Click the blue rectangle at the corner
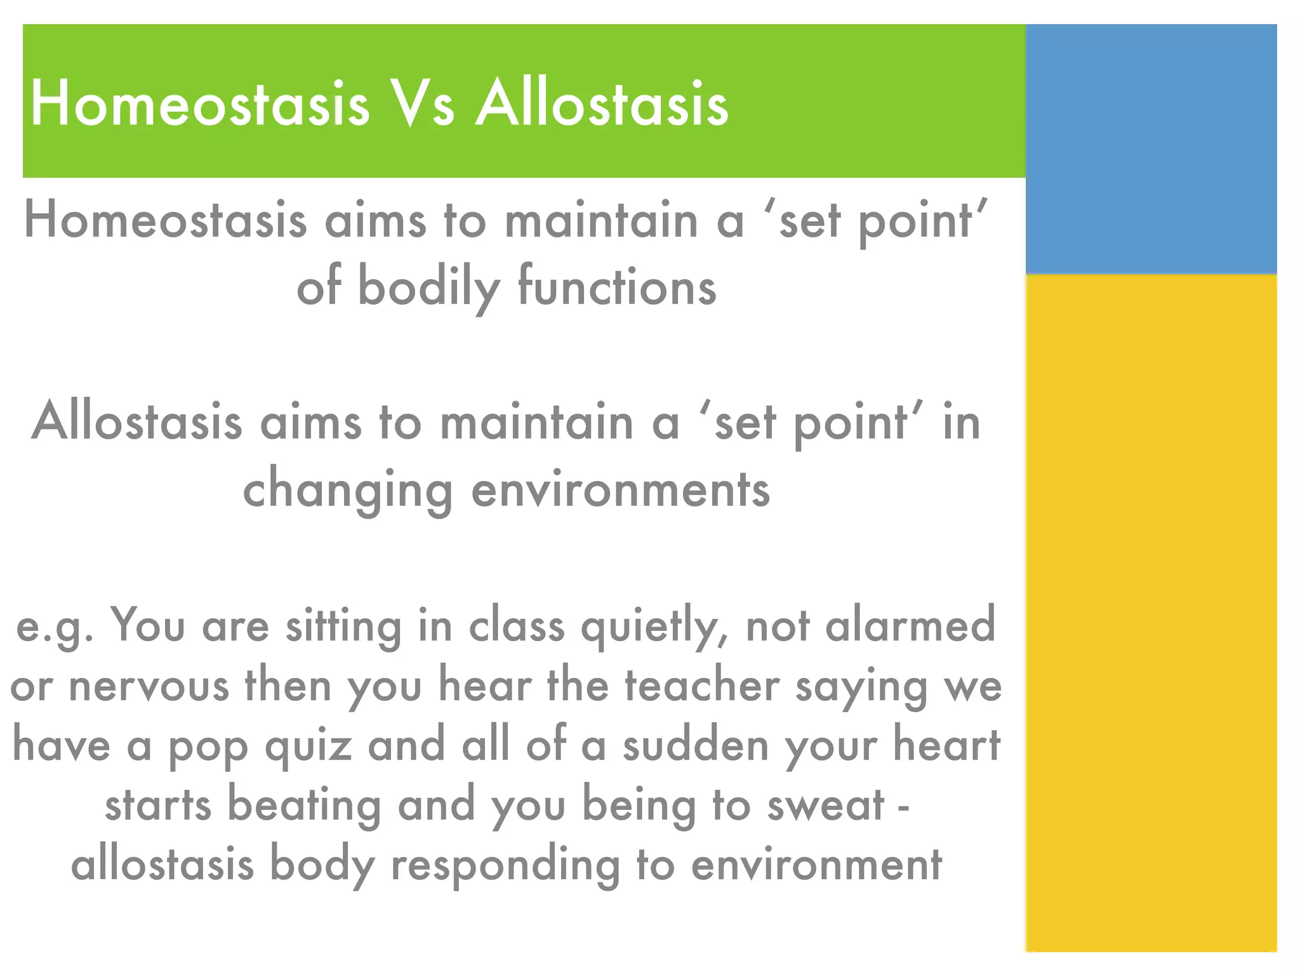point(1150,149)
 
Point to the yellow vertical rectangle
point(1150,613)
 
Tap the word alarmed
point(910,625)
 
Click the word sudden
point(696,745)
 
